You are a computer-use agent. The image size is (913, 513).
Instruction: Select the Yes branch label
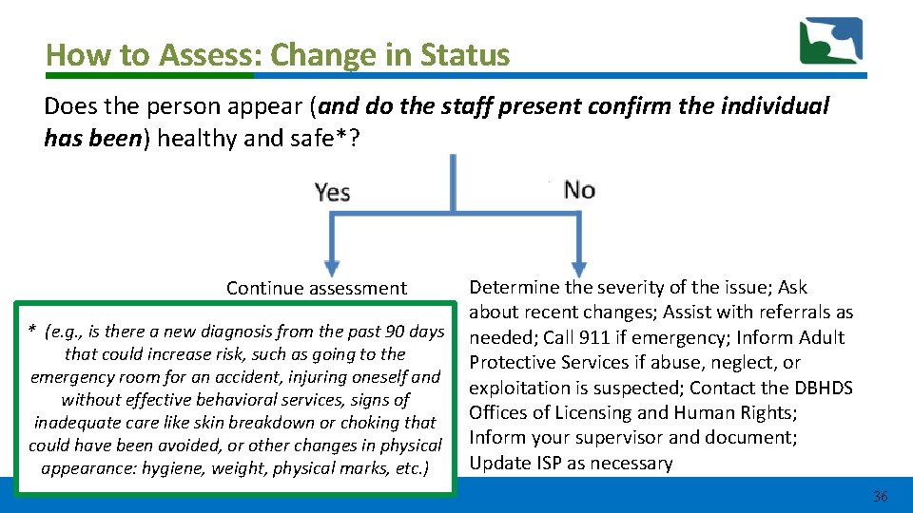coord(332,192)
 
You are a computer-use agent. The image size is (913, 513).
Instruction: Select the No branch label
coord(579,189)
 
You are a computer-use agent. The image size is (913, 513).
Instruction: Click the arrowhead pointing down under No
coord(576,266)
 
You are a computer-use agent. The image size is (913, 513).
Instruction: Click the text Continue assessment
coord(317,288)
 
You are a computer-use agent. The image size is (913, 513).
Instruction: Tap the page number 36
coord(880,496)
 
